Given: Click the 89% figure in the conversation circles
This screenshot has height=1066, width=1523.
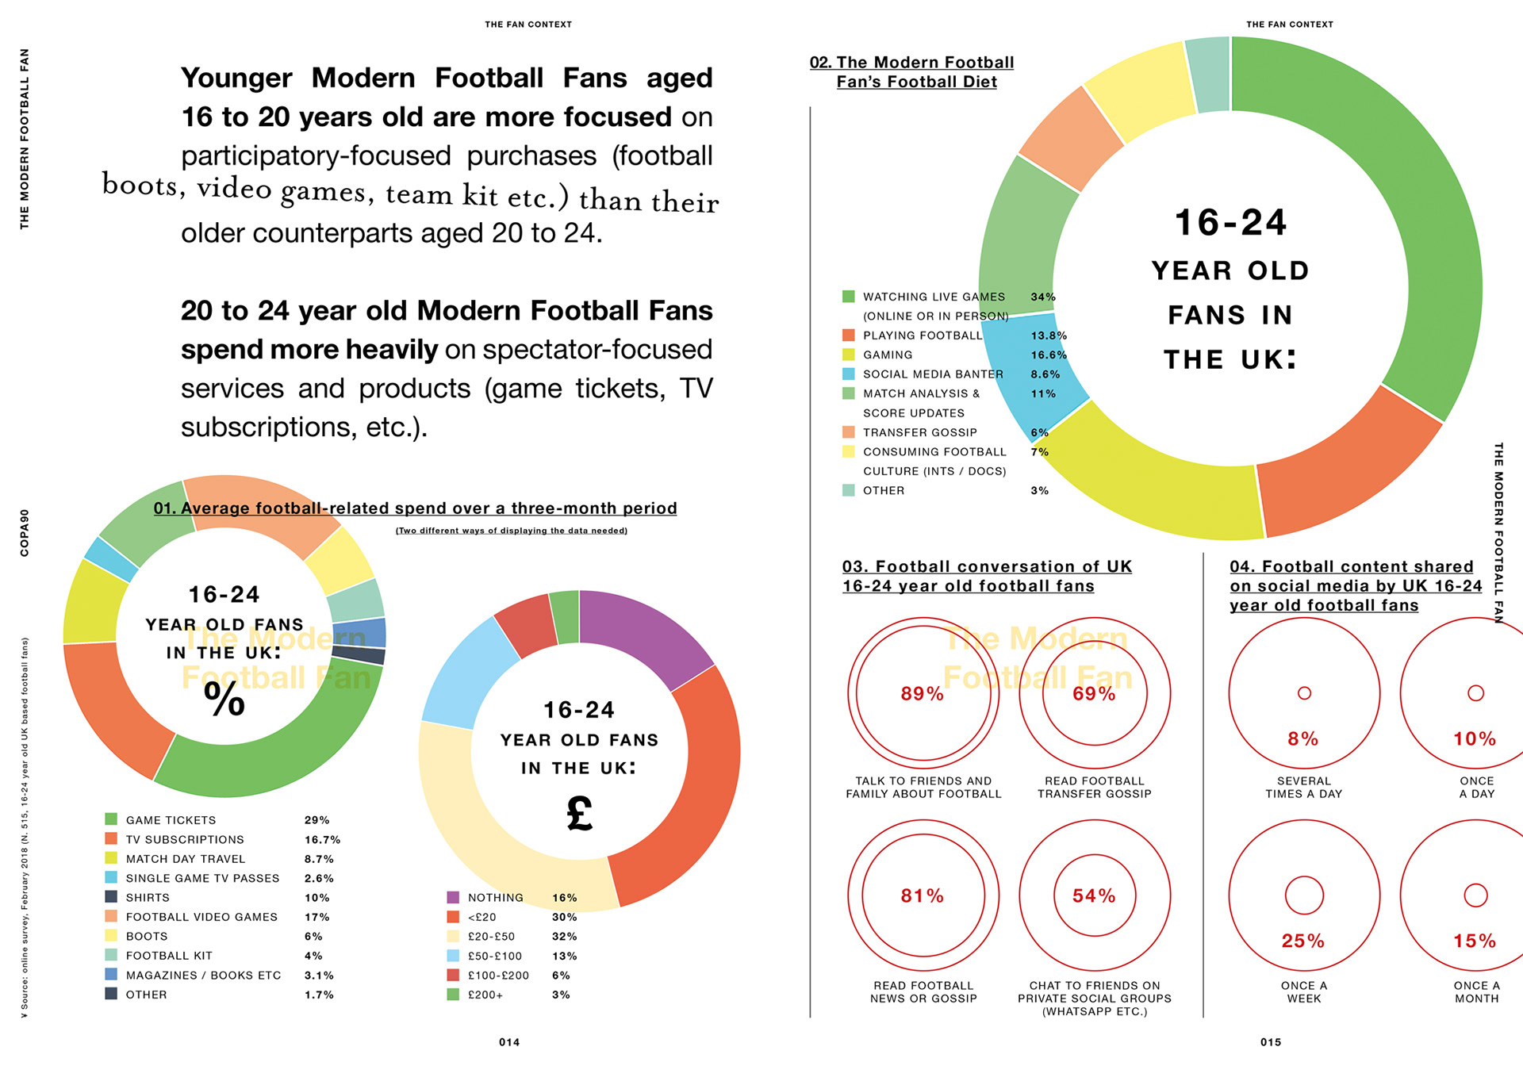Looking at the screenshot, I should point(922,694).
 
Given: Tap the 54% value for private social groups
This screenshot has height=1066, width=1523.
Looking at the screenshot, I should point(1094,896).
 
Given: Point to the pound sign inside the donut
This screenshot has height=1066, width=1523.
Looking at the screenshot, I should point(580,814).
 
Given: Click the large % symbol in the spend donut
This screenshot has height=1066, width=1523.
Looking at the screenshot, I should point(224,700).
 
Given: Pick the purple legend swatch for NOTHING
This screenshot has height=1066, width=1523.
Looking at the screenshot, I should point(453,898).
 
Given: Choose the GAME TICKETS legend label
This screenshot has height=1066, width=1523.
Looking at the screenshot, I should point(171,820).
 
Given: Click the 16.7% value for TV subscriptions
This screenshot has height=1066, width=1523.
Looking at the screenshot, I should point(322,839).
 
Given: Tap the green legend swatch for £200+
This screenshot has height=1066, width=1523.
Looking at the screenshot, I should point(453,995).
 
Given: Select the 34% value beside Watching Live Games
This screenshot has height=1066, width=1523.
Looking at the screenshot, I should point(1043,297).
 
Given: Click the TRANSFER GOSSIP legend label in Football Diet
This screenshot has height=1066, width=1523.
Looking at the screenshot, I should point(920,432).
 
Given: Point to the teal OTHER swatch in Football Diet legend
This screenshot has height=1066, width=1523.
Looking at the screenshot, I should point(849,490).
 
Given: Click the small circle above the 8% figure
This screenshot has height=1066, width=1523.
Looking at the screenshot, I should point(1304,693).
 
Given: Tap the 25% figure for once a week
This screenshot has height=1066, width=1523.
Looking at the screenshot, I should point(1303,941).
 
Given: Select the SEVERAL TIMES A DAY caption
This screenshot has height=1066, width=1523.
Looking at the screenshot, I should point(1304,788).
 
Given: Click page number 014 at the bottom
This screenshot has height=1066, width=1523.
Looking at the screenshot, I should point(509,1042).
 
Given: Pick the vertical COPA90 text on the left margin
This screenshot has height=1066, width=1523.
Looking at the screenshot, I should point(25,532).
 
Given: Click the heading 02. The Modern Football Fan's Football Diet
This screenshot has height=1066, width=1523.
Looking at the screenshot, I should point(912,72).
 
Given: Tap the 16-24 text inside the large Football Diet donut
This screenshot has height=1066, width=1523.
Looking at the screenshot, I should point(1230,223).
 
